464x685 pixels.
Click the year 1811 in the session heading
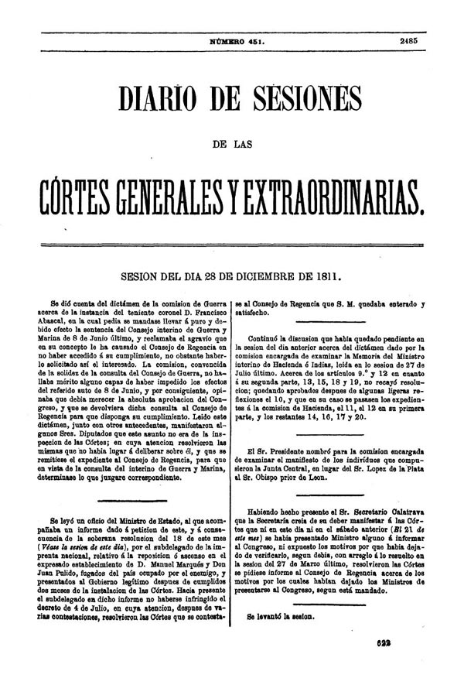(323, 274)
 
